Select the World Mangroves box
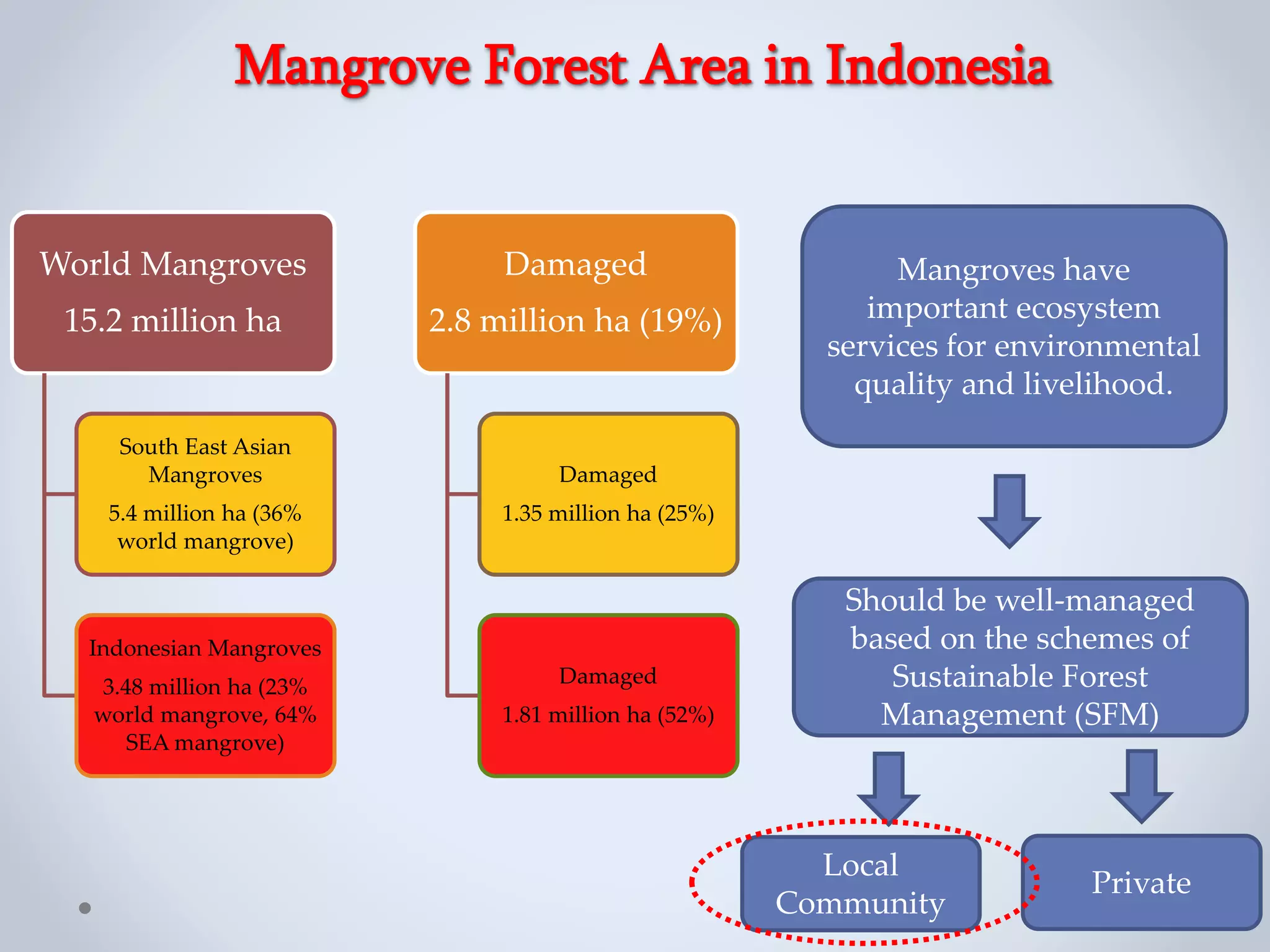[173, 293]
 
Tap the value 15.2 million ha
[173, 321]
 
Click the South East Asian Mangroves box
[205, 494]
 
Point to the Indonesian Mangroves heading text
[205, 648]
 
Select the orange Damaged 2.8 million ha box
[575, 293]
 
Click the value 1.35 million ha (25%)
[608, 513]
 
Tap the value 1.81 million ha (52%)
[608, 715]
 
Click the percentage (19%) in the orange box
[680, 321]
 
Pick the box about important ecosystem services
[1013, 326]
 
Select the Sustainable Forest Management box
[1019, 657]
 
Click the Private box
[1141, 882]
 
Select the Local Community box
[861, 883]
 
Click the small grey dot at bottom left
[85, 908]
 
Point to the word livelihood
[1098, 384]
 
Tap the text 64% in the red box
[295, 715]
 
